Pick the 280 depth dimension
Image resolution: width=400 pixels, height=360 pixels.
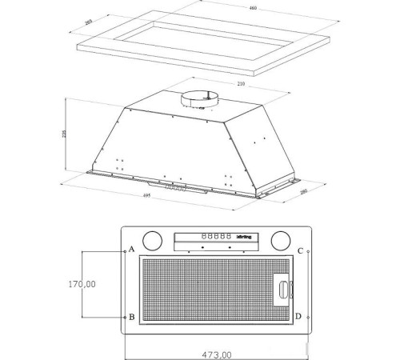[x=305, y=191]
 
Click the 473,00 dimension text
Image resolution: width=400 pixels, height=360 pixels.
[x=216, y=354]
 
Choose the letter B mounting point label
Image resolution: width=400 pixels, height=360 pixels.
[x=131, y=317]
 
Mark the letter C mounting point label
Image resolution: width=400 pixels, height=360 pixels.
[x=299, y=250]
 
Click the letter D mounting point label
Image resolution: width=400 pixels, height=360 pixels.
[x=298, y=317]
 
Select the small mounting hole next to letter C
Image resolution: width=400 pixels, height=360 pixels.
[x=310, y=250]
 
